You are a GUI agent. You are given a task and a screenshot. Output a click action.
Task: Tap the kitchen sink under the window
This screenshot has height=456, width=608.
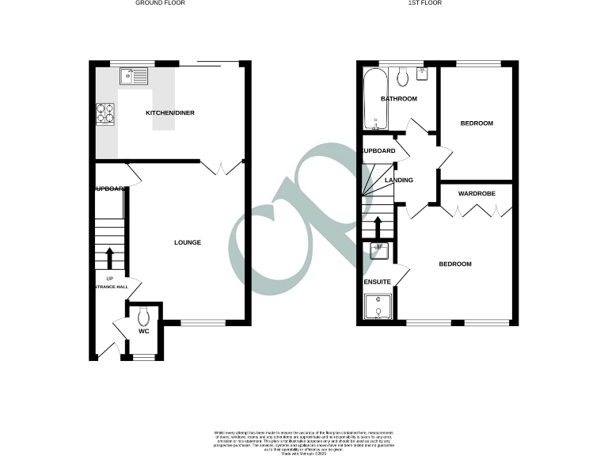tap(133, 76)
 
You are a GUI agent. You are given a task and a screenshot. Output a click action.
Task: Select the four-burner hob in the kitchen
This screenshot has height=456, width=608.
tap(104, 115)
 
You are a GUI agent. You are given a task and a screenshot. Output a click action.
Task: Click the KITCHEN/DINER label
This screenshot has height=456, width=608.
tap(170, 113)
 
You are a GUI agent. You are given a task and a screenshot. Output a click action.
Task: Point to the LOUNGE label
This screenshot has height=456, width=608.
tap(188, 242)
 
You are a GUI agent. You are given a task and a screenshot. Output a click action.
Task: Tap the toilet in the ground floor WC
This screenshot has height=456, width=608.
tap(142, 317)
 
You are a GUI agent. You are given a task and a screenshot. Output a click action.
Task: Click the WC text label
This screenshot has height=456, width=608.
tap(143, 332)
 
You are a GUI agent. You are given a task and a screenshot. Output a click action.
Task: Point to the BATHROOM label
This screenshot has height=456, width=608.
tap(399, 99)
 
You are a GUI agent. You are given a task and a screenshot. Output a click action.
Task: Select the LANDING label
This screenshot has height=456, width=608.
tap(398, 180)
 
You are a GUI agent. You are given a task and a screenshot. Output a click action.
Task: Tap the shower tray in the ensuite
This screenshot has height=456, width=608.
tap(378, 309)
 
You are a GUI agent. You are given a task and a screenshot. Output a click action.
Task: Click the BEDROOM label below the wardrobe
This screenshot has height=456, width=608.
tap(455, 264)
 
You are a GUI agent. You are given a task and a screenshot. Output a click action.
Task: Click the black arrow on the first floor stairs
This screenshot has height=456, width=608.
tap(379, 228)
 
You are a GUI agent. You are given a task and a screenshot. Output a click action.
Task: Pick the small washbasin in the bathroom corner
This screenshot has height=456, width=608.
tap(421, 72)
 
